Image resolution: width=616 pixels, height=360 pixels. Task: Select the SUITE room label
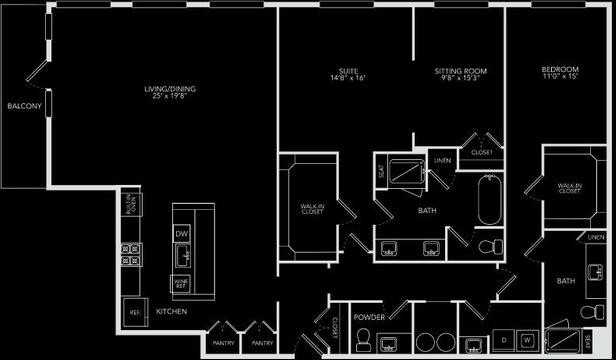pos(347,72)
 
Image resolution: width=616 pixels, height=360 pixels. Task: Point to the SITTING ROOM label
pos(460,72)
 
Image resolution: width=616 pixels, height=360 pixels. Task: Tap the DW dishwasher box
pos(182,234)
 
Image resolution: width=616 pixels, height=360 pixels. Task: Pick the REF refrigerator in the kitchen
pos(131,311)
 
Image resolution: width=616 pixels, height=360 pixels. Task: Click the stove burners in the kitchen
pos(130,257)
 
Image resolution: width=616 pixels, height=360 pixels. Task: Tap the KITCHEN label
pos(172,312)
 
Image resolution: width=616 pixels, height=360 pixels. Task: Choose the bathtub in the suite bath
pos(490,200)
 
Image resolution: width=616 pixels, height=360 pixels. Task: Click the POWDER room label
pos(369,317)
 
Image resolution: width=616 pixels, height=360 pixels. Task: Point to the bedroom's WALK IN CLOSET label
pos(569,187)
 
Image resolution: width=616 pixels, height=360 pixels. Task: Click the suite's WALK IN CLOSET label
pos(311,210)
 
